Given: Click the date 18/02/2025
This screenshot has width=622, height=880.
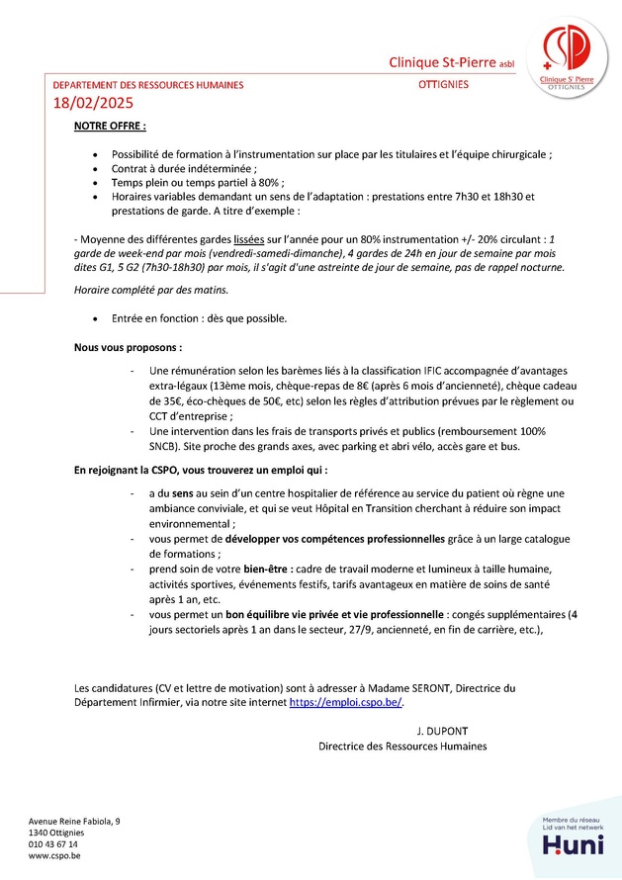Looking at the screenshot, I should click(x=92, y=102).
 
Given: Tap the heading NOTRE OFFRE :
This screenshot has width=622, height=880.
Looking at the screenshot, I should click(x=110, y=127).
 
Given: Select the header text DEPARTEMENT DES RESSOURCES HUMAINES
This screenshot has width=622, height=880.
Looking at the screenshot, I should click(x=147, y=85).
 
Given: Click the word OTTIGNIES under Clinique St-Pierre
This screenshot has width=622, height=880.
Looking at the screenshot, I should click(x=443, y=85).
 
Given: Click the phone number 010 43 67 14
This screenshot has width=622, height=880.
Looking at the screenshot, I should click(x=53, y=843).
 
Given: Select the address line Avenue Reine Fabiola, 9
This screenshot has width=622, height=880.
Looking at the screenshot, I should click(x=75, y=821).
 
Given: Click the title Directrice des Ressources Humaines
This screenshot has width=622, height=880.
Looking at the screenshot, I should click(x=402, y=747).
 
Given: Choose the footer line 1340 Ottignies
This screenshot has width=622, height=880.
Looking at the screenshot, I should click(x=56, y=833).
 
